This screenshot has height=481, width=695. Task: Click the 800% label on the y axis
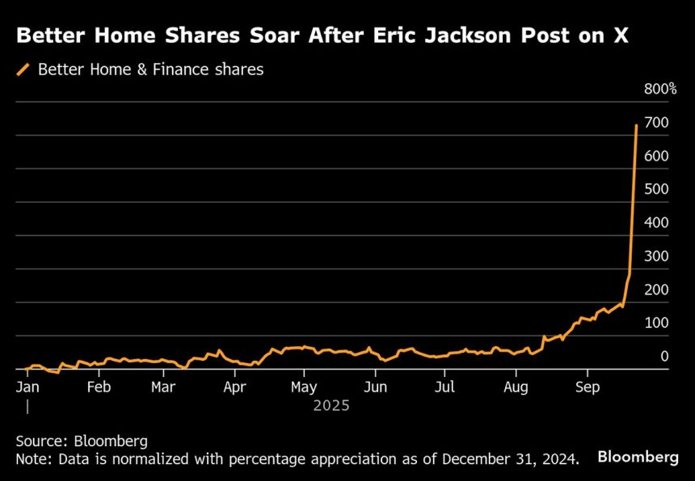click(x=660, y=89)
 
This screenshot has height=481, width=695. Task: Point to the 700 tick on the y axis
click(x=655, y=123)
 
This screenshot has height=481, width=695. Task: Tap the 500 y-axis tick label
click(x=655, y=189)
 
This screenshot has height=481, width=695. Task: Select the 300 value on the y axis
click(x=655, y=256)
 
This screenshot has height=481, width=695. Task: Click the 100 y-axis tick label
click(x=655, y=323)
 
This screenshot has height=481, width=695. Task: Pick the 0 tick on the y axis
click(x=664, y=356)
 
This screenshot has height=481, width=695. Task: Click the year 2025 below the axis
click(x=331, y=406)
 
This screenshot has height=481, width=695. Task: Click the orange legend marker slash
click(x=23, y=70)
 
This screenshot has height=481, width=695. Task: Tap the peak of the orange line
click(x=637, y=125)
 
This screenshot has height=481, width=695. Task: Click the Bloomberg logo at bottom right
click(x=638, y=457)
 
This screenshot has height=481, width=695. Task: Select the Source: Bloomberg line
click(x=82, y=441)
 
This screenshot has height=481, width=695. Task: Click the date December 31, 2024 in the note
click(x=510, y=460)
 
